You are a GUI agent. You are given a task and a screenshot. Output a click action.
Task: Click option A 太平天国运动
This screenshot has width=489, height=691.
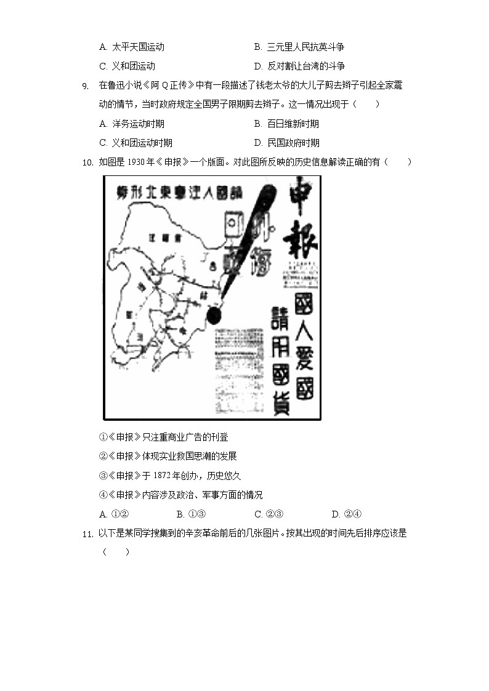(x=131, y=47)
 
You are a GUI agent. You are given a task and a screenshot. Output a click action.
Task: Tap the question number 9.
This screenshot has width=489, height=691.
(x=86, y=86)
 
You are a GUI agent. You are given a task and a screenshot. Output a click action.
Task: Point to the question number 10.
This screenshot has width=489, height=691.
(x=87, y=162)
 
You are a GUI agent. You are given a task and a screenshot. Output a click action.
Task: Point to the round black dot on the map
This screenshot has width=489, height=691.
(x=214, y=316)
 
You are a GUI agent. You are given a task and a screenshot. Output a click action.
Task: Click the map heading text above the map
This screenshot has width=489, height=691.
(x=179, y=193)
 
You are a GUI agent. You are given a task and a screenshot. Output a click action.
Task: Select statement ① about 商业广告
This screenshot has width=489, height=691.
(x=164, y=437)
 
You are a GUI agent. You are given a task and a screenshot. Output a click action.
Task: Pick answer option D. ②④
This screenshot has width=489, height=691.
(x=346, y=514)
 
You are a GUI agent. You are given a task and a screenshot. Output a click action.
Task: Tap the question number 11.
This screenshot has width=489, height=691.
(x=87, y=534)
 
